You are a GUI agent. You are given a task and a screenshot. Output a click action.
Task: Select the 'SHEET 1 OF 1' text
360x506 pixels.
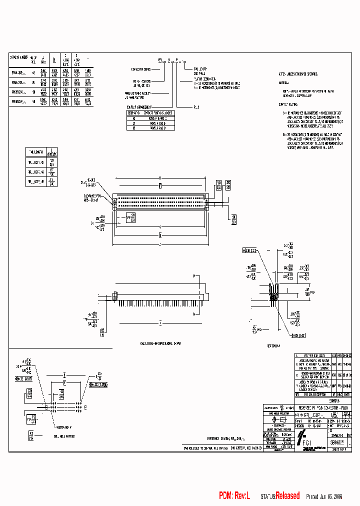342,449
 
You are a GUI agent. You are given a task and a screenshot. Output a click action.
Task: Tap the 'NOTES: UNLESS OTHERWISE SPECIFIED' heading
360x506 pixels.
300,73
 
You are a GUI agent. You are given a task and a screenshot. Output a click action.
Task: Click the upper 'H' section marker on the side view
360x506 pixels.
194,276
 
